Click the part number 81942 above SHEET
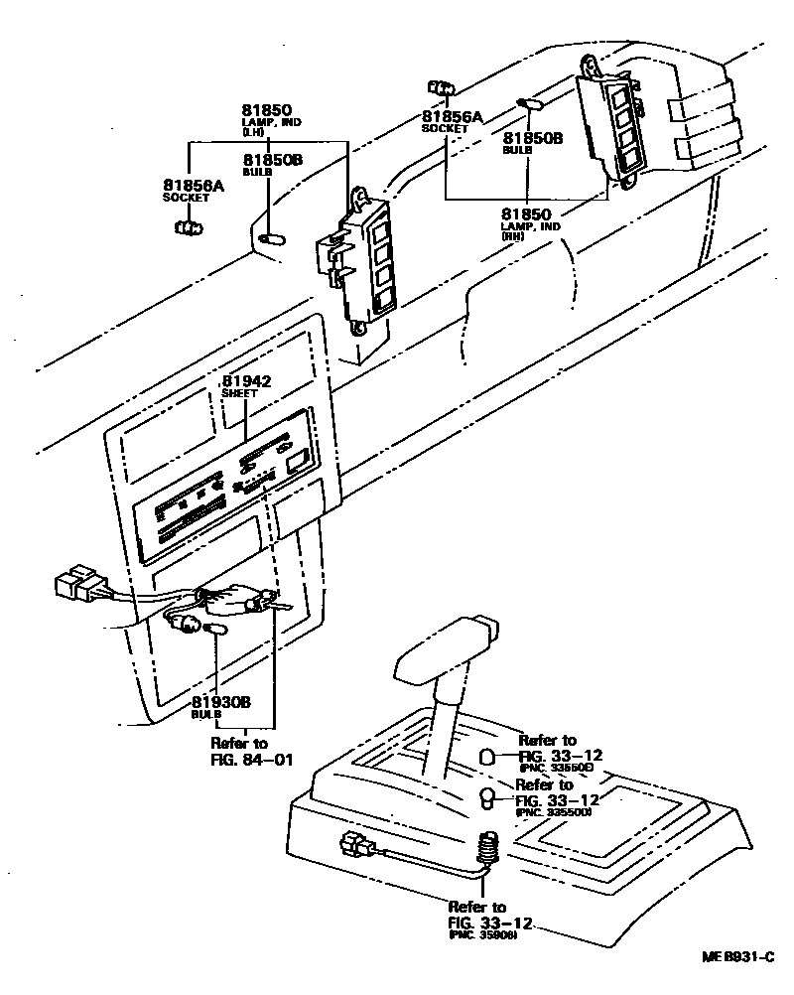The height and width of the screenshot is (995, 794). click(247, 381)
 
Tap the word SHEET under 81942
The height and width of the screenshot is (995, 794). click(239, 393)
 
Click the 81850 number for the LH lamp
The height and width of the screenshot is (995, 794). click(268, 109)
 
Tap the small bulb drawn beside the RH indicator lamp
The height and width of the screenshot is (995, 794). click(527, 103)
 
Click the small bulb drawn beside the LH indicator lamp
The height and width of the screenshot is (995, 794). click(270, 237)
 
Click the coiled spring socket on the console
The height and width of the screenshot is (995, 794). click(487, 847)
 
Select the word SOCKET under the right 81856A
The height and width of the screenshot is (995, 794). click(443, 129)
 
